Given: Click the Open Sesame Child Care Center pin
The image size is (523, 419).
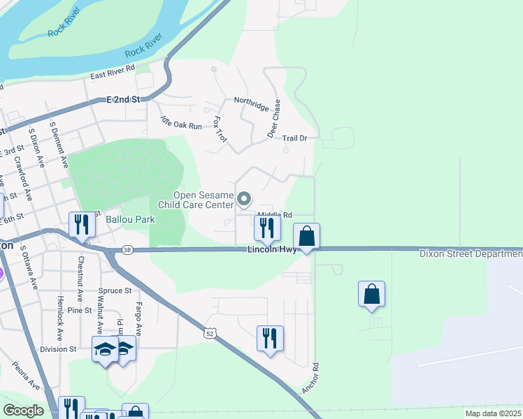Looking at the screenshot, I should coord(244,200).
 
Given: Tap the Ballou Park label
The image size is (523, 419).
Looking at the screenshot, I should coord(129,219).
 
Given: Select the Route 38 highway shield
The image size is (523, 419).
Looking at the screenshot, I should coord(127,249).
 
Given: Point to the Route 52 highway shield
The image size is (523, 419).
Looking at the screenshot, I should coord(210,335).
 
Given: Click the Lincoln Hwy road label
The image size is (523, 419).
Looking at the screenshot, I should coord(272,249).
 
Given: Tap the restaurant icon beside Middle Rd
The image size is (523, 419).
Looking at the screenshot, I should coord(266,227).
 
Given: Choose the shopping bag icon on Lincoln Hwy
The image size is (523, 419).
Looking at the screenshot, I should coord(307,236).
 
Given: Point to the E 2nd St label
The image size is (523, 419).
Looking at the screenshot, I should coord(124,100).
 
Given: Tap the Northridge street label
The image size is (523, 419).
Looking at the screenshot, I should coord(252,104).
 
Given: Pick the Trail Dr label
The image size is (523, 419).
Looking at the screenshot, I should coord(294,138).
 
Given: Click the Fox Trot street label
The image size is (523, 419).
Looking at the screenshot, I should coord(220,129).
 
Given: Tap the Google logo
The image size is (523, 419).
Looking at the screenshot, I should coord(24,411).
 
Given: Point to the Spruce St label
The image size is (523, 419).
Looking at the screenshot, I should coord(115,291).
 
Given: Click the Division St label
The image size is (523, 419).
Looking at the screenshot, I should coord(58,349).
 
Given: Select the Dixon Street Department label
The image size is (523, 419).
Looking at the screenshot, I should coord(471,254).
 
